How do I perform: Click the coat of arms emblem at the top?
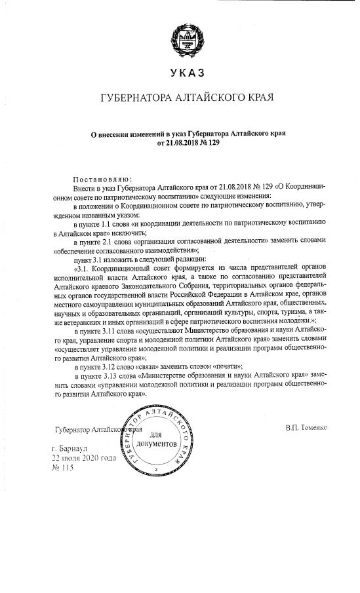click(181, 36)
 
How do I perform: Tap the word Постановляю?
click(103, 178)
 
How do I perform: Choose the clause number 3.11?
click(117, 332)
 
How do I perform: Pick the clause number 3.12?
click(117, 367)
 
